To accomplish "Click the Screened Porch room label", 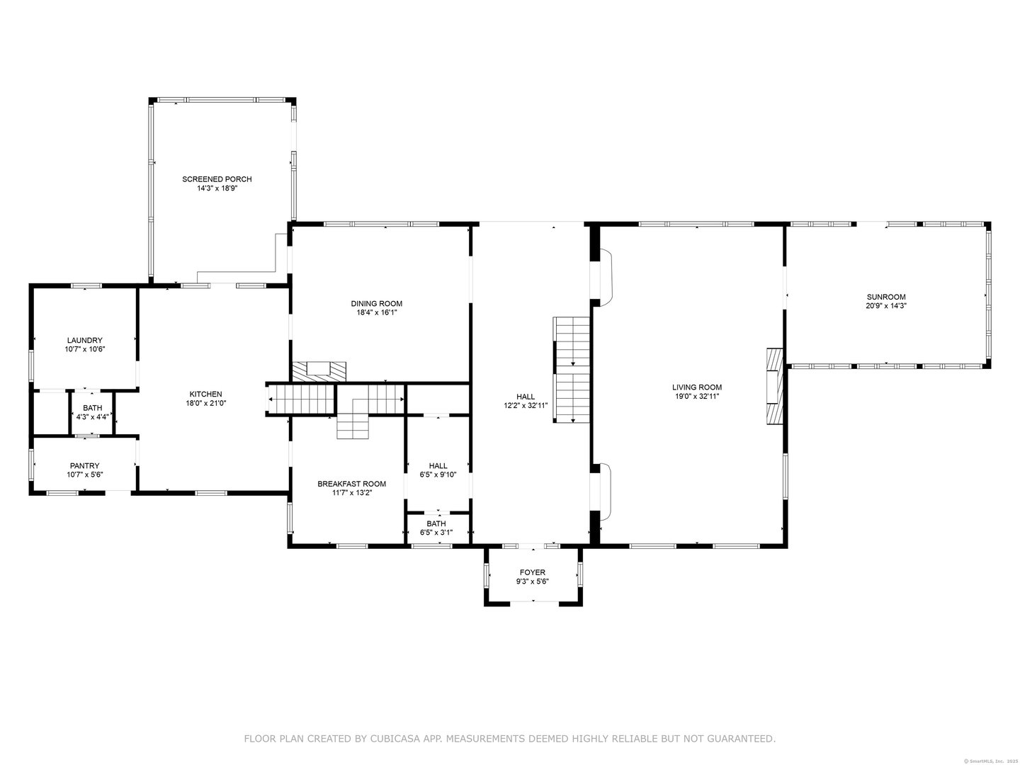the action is (217, 178).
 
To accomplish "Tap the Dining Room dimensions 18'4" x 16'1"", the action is (376, 312).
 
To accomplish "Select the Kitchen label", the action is (206, 394).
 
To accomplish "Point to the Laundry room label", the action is (84, 340).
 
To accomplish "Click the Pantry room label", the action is (84, 465).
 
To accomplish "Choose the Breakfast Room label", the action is (352, 484).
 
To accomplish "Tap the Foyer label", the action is (532, 572).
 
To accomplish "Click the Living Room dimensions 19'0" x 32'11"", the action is (696, 396).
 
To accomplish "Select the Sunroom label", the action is (886, 297).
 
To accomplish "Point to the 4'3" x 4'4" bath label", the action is (92, 417).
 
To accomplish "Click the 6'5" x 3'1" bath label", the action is (436, 532).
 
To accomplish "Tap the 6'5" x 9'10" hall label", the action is (438, 475).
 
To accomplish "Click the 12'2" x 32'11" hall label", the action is (526, 405).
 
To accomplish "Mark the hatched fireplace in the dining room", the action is (319, 372).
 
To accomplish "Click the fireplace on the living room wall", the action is (774, 386).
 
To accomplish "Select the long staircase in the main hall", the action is (572, 370).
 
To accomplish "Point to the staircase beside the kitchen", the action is (301, 399).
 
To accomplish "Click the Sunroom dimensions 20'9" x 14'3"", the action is (886, 306).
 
